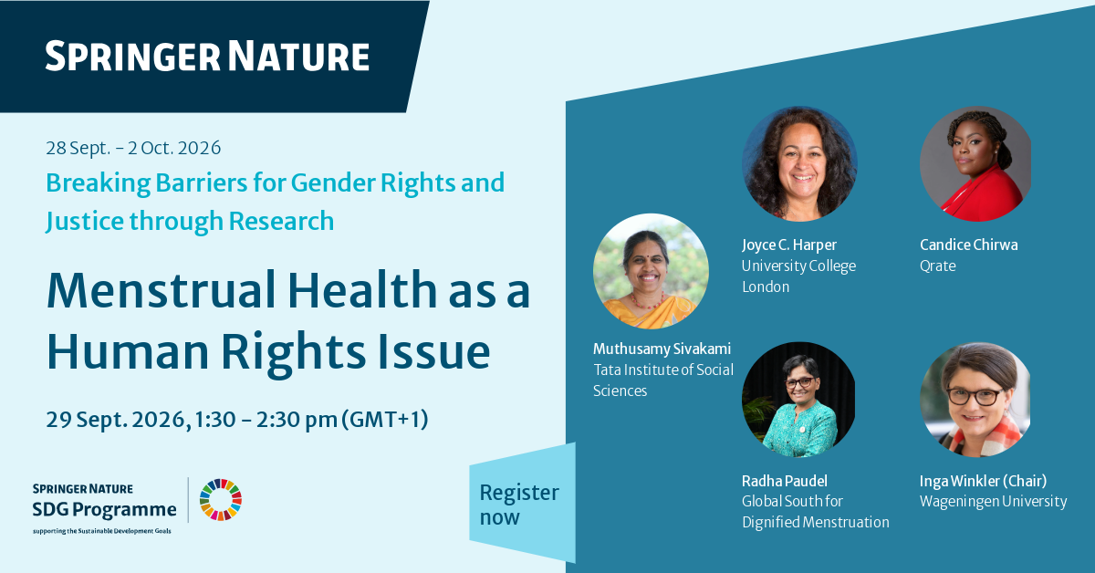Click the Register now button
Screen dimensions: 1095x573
[522, 503]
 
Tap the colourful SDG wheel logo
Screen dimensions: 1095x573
[221, 500]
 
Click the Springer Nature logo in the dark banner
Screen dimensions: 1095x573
[207, 57]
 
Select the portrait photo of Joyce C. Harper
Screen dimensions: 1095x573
[799, 164]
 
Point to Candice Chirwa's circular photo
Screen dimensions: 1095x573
[975, 164]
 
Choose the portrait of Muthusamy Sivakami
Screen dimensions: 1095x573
[651, 271]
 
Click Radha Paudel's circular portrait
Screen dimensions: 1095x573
[798, 400]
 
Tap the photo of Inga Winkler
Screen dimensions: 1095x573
[975, 400]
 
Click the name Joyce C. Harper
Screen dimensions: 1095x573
[789, 245]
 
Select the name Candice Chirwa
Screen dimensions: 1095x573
[969, 245]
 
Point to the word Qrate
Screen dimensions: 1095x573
[938, 266]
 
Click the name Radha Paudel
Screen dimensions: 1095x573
[785, 481]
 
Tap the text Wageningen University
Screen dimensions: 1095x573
[994, 502]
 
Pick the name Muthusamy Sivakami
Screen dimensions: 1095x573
[662, 349]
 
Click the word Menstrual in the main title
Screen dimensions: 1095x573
[161, 291]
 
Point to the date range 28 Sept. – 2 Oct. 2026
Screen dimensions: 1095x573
[133, 148]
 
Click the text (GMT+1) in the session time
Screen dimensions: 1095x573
[385, 420]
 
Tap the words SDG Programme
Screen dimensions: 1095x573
[105, 510]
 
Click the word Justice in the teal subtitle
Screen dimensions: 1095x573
[85, 221]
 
